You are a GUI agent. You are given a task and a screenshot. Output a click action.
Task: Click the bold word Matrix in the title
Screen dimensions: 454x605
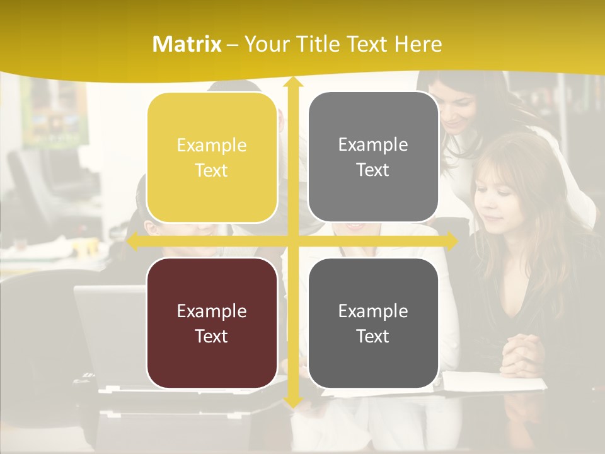click(187, 44)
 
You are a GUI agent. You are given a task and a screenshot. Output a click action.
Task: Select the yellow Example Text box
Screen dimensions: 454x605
click(212, 158)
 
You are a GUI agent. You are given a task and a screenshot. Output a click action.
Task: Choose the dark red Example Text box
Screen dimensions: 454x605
click(212, 323)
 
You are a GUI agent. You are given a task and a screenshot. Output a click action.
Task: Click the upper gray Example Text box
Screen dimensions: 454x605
click(373, 157)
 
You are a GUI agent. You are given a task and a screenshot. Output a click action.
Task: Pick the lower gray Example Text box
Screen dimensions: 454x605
click(373, 323)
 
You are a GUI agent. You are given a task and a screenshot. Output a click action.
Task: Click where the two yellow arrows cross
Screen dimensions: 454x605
click(292, 240)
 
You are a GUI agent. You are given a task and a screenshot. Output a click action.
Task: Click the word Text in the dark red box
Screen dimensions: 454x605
click(212, 336)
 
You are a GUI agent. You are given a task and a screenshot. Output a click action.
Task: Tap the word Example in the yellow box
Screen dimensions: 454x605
click(212, 145)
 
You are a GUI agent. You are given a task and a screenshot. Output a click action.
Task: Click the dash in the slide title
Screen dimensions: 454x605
click(233, 44)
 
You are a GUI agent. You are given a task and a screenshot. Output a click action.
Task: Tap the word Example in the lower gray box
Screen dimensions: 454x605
click(373, 310)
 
